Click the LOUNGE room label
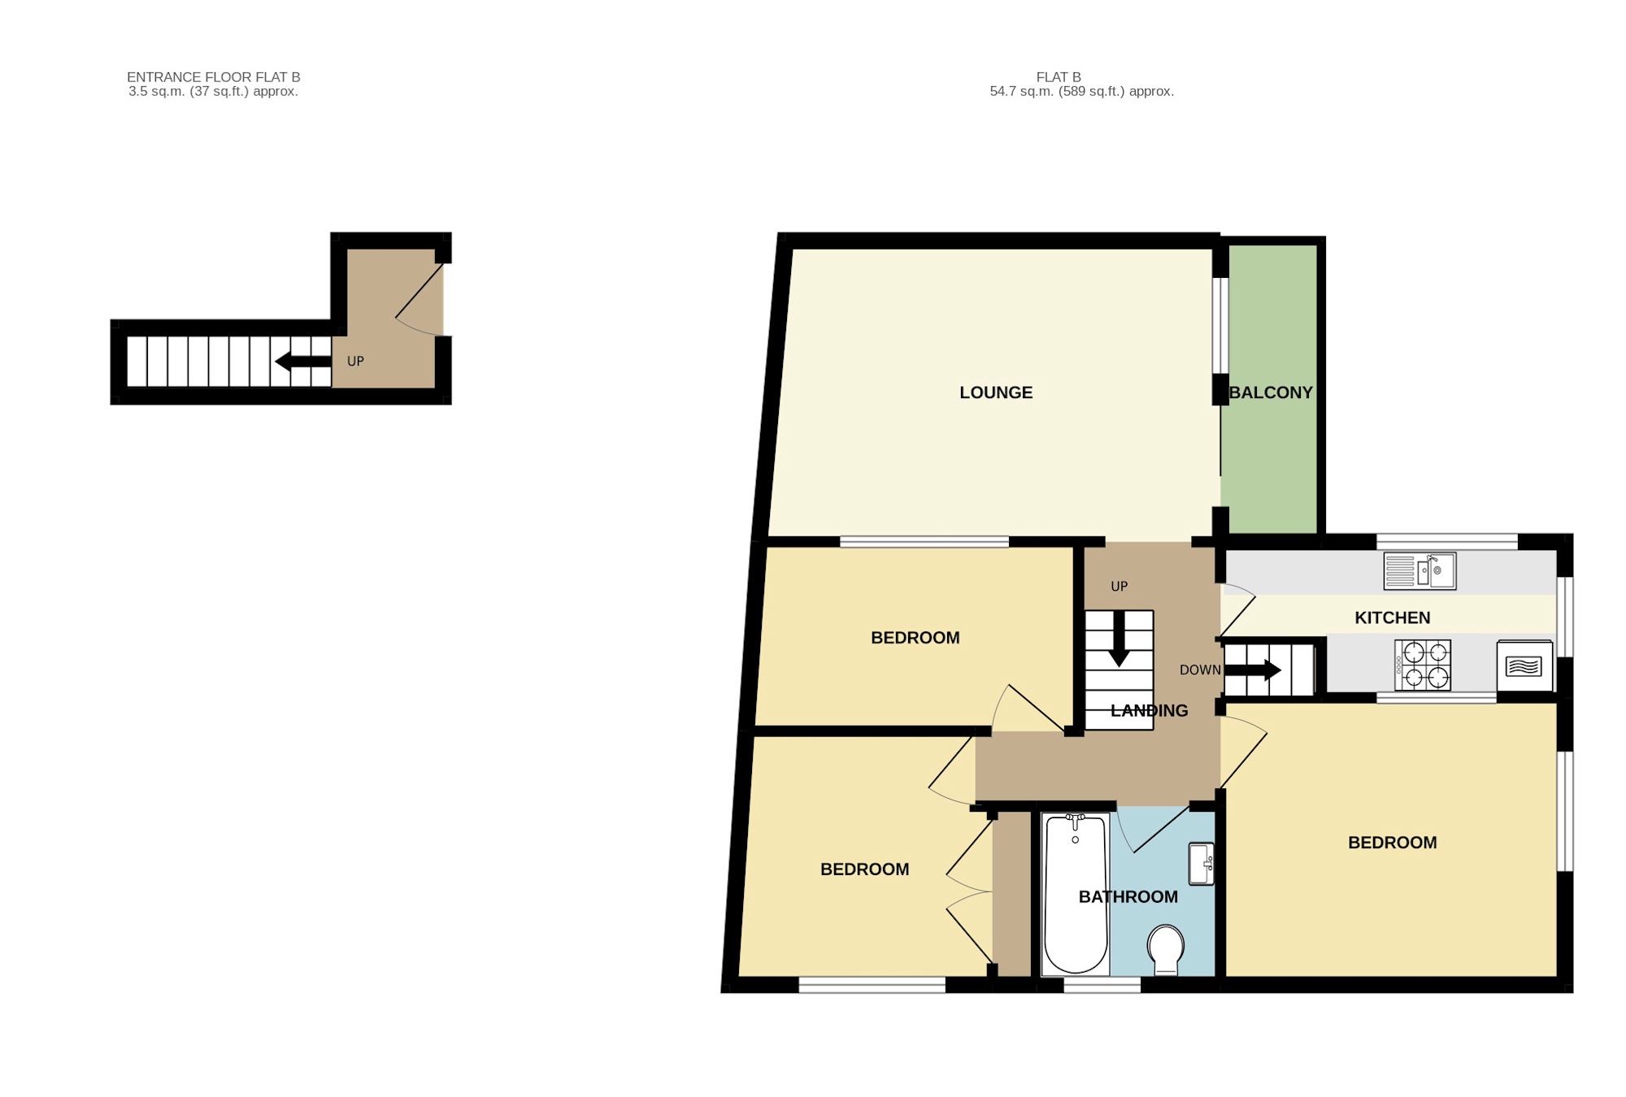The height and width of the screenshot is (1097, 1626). tap(996, 392)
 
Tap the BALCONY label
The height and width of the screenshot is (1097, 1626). tap(1271, 392)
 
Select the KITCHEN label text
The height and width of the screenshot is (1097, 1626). tap(1392, 618)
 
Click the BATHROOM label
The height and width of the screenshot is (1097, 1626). tap(1128, 897)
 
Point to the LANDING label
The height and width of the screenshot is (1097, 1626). tap(1149, 711)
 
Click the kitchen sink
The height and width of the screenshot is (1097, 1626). tap(1419, 570)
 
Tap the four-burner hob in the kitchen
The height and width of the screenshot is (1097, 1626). tap(1423, 665)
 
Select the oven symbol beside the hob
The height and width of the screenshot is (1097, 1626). tap(1524, 666)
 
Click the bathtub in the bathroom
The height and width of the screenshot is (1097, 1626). tap(1075, 894)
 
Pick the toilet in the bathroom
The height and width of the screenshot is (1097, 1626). tap(1166, 948)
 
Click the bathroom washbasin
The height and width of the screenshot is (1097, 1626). tap(1202, 863)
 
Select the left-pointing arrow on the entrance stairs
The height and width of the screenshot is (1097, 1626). tap(302, 362)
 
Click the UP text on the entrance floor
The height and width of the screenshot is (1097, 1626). tap(355, 362)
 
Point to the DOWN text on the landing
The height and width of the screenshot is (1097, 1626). tap(1200, 670)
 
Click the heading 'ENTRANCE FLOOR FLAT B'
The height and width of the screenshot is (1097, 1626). tap(213, 77)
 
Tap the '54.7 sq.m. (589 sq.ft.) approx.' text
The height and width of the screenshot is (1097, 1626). tap(1081, 92)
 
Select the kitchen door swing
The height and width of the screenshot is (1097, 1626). tap(1237, 609)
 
